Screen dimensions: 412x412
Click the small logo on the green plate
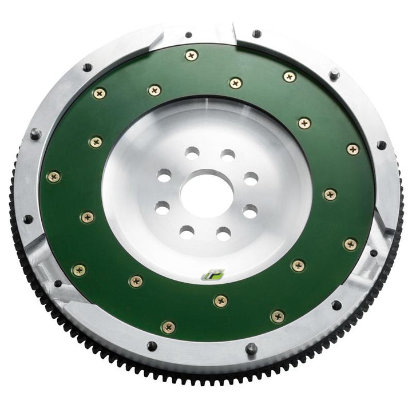[213, 275]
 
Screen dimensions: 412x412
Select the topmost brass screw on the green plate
[191, 55]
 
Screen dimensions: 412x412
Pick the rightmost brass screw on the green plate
[353, 149]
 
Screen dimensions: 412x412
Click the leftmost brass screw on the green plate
[54, 177]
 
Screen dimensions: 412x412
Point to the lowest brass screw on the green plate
[168, 327]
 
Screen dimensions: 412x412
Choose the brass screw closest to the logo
[220, 300]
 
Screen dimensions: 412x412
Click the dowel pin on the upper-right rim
[334, 74]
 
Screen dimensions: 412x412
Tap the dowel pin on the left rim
[35, 133]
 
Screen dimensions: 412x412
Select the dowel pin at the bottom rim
[251, 348]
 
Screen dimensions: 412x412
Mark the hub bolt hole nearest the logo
[223, 233]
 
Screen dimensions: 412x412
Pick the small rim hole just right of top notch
[257, 34]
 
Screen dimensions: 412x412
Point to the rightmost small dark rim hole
[381, 145]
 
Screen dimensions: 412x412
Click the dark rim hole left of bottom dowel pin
[152, 346]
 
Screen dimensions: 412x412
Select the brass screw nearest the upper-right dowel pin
[290, 77]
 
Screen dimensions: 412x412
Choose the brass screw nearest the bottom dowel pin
[278, 316]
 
